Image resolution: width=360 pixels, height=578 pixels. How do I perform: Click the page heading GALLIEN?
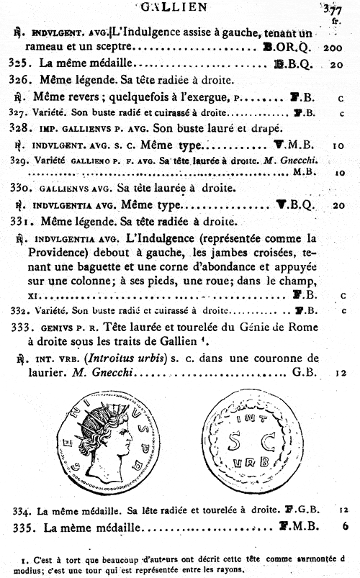tap(181, 6)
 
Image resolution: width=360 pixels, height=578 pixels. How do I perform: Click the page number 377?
tap(332, 9)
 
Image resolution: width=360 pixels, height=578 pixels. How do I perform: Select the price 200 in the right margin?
tap(332, 48)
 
